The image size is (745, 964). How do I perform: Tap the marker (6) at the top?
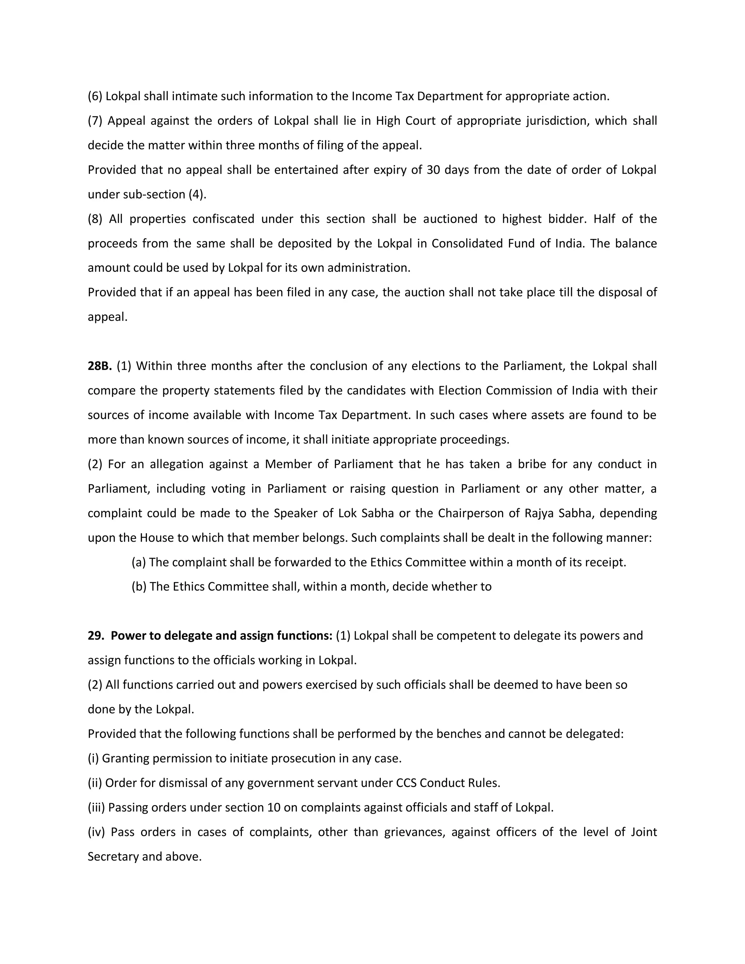(x=95, y=96)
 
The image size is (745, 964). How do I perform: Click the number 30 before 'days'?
(x=433, y=170)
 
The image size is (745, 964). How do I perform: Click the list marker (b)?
(x=139, y=587)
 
